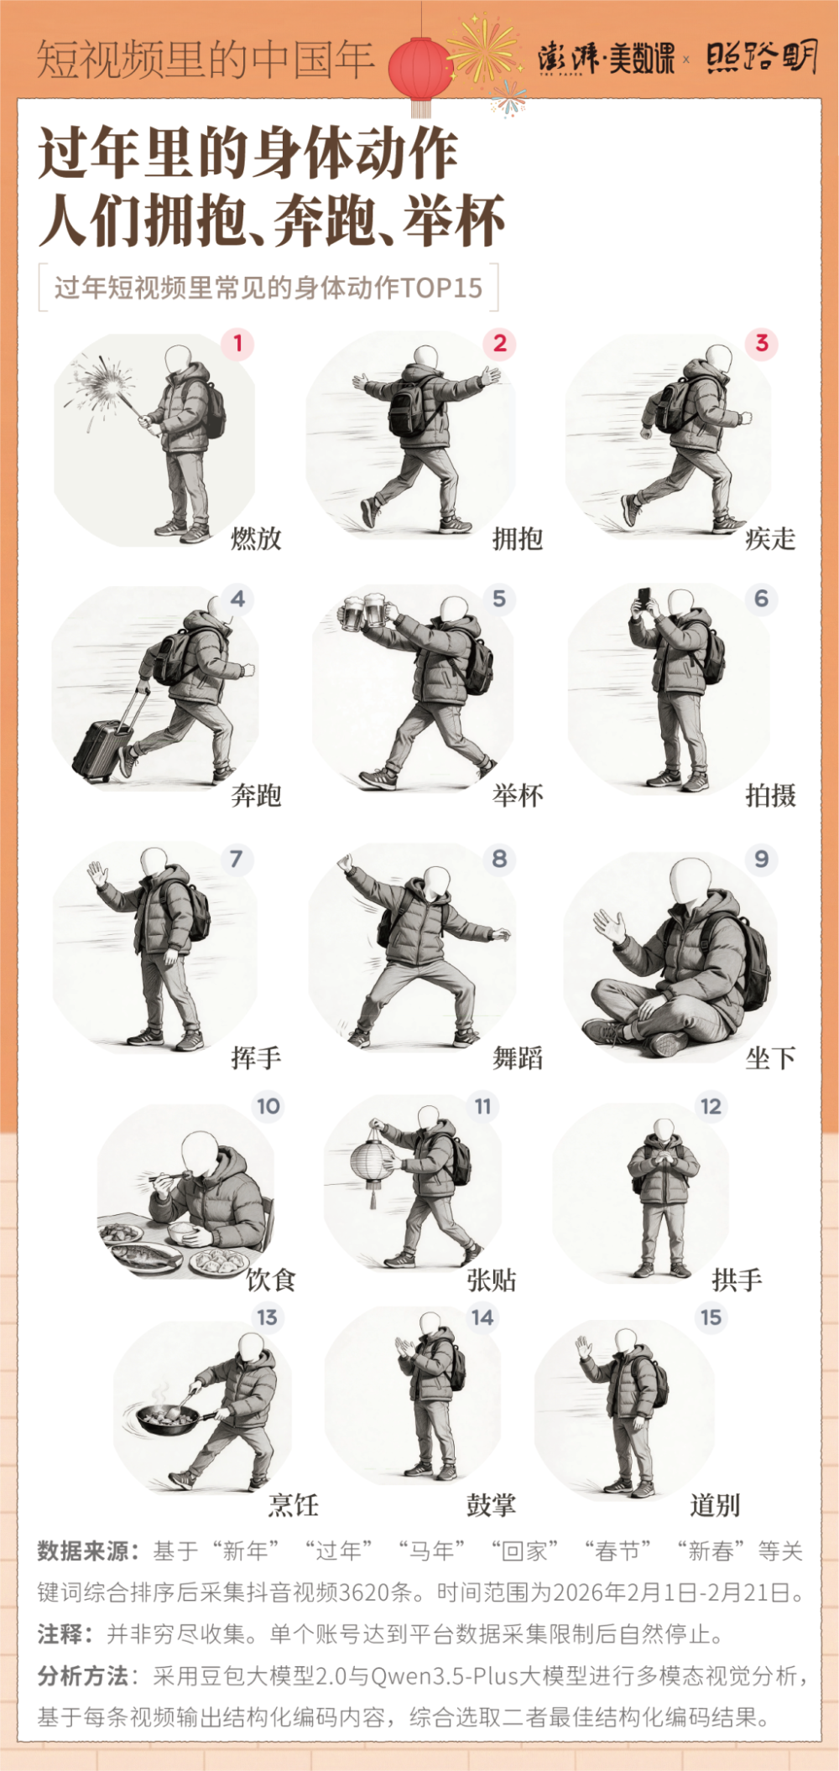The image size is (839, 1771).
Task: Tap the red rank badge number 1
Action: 237,343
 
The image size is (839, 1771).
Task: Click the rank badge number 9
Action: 761,859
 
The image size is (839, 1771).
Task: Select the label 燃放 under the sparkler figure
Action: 257,538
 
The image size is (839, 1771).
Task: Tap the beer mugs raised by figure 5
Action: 364,611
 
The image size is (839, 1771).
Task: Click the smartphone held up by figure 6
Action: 644,598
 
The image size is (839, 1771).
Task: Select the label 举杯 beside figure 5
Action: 518,795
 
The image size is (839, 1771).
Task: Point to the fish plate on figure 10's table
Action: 147,1255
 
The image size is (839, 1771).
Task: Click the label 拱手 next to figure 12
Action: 737,1280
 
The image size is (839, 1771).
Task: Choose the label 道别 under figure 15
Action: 715,1505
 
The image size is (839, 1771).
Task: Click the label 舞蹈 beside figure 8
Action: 518,1058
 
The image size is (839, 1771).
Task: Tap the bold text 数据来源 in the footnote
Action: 81,1551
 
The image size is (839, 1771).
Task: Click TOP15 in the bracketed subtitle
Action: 441,288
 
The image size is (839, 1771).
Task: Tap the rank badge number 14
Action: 482,1317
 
